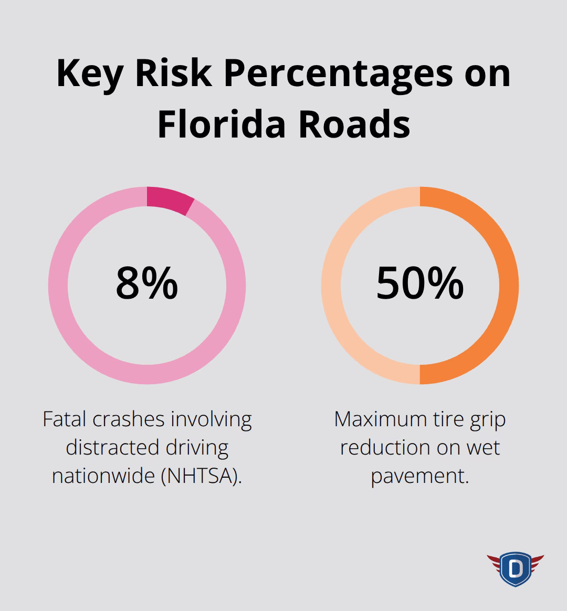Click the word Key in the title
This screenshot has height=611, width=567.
coord(90,73)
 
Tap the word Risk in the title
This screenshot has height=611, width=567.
coord(173,73)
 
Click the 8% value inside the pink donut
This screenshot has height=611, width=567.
coord(147,284)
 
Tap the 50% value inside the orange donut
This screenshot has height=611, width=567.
coord(420,284)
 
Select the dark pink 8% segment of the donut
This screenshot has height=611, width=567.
coord(169,199)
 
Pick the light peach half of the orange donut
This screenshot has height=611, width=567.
coord(332,285)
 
